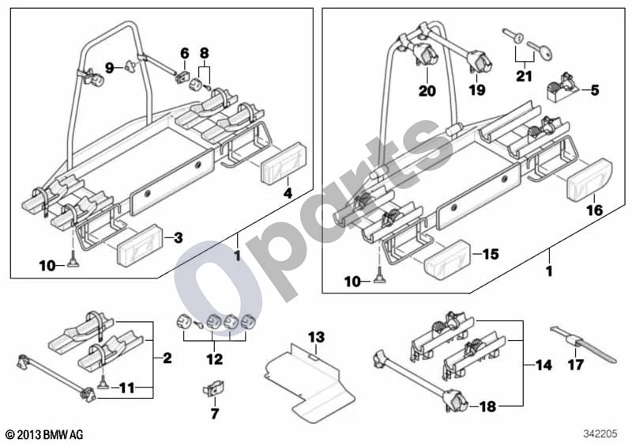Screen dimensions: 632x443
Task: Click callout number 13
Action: [316, 337]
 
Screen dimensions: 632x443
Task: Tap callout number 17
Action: [575, 365]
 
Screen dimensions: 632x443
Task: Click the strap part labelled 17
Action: [583, 344]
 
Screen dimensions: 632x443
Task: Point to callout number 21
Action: [524, 76]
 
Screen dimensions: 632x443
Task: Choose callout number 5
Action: [595, 90]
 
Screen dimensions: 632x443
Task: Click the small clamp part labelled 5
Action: [561, 85]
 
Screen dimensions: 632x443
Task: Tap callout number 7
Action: [214, 413]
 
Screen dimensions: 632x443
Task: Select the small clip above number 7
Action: [213, 389]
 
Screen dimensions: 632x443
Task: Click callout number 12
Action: [214, 358]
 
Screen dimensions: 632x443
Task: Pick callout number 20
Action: [427, 90]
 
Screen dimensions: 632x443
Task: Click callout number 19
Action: [477, 89]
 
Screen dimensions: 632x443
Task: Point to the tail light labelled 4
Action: [284, 163]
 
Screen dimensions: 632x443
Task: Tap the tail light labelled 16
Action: [589, 180]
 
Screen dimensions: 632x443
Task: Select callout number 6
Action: [184, 53]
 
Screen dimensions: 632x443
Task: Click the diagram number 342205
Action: [600, 434]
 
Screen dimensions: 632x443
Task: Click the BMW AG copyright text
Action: [45, 434]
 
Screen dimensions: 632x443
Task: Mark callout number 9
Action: [109, 68]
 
